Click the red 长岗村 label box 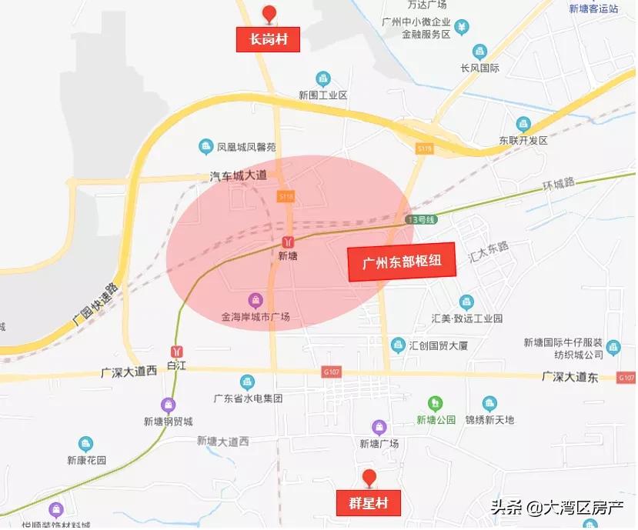268,40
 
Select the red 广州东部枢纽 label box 402,262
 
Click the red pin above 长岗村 269,14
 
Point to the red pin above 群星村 369,478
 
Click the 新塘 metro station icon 287,242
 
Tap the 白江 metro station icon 178,351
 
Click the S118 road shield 286,197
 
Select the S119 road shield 424,148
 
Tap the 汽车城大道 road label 238,175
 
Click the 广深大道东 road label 570,377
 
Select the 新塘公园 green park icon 436,403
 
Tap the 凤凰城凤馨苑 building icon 205,146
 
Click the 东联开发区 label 523,141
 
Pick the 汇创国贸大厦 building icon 398,345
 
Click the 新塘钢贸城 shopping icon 168,405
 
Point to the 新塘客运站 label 593,8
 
